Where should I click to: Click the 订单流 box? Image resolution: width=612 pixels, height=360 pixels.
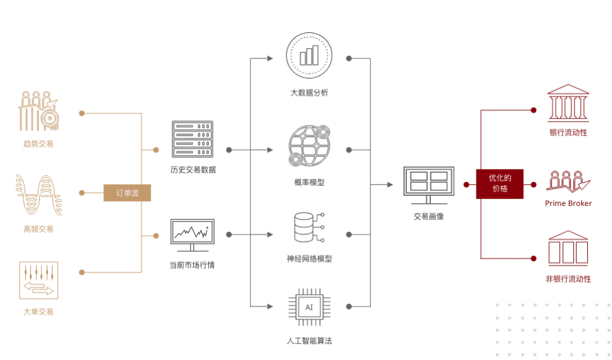(x=127, y=193)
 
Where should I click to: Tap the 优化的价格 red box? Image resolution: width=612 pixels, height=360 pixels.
(x=500, y=184)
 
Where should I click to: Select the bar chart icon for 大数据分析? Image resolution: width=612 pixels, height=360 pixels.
(x=309, y=56)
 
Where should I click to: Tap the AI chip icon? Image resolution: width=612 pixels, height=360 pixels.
(x=309, y=307)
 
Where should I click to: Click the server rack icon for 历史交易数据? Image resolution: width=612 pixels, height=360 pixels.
(x=193, y=139)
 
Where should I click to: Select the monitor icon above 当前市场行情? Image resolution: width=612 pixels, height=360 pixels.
(x=193, y=235)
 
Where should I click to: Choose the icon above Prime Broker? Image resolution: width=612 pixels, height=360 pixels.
(x=568, y=182)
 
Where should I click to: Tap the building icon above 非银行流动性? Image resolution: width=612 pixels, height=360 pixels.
(x=568, y=248)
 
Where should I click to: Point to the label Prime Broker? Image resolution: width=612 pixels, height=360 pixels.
(x=568, y=203)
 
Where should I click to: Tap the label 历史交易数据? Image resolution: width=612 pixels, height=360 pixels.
(x=193, y=169)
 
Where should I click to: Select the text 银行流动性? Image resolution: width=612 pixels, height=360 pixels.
(x=568, y=132)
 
